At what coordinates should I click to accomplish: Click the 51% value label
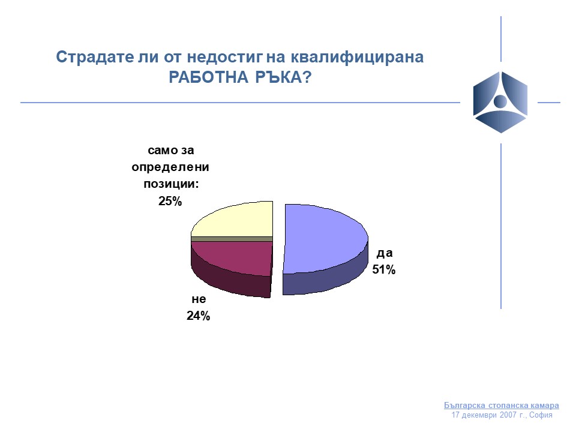[384, 269]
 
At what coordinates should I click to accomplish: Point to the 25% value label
[170, 202]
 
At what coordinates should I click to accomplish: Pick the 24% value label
[199, 316]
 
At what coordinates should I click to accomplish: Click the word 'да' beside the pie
[385, 253]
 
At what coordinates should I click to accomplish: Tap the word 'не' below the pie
[199, 299]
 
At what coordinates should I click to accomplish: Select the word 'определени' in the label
[170, 167]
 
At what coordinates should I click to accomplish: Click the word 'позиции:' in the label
[171, 184]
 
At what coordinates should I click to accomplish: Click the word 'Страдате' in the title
[95, 58]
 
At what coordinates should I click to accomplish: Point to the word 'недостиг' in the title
[225, 58]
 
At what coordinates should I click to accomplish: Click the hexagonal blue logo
[500, 102]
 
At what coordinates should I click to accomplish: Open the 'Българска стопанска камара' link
[502, 406]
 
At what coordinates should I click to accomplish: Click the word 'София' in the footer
[541, 415]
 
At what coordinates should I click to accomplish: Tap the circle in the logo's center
[500, 101]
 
